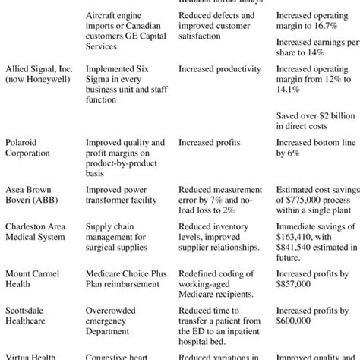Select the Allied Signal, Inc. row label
38,72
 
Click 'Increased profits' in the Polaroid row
207,141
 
